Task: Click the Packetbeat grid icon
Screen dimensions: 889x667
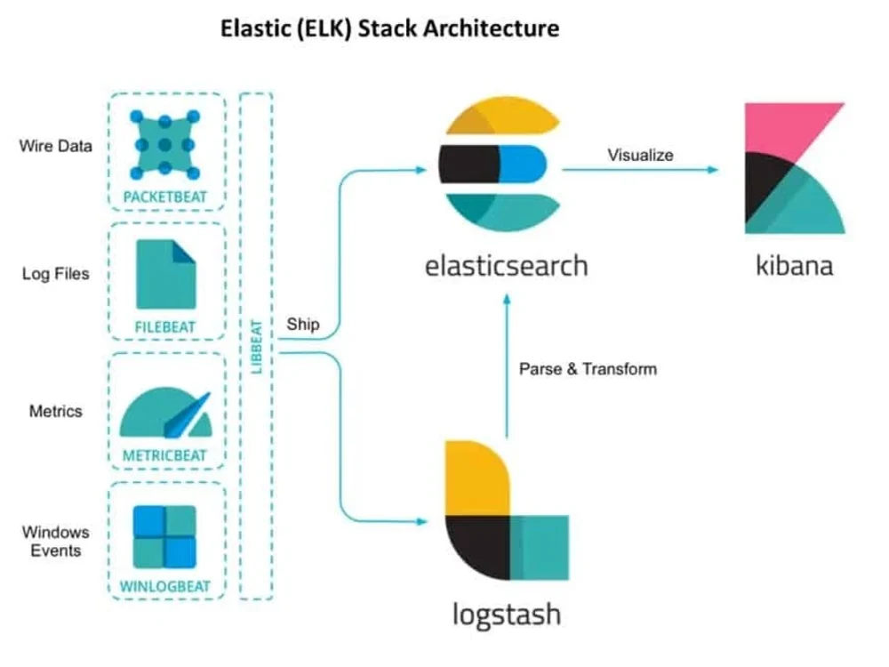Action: tap(165, 145)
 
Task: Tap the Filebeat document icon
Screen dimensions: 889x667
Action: tap(165, 275)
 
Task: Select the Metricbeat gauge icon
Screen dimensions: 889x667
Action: tap(165, 413)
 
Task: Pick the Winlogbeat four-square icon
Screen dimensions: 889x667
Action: tap(164, 536)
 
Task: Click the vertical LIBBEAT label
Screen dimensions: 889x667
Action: tap(257, 347)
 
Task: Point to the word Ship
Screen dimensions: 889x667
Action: tap(303, 325)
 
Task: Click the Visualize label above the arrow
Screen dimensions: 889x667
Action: tap(640, 155)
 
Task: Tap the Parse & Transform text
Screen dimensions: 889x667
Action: tap(588, 369)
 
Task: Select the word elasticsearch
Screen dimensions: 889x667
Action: tap(507, 266)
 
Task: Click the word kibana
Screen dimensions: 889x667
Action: tap(794, 265)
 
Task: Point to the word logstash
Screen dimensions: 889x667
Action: tap(507, 615)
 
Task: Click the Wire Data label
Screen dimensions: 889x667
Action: tap(55, 147)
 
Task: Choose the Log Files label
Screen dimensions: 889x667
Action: tap(55, 274)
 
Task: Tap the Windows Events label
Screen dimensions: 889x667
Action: tap(55, 542)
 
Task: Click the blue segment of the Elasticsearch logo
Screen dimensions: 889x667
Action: tap(523, 164)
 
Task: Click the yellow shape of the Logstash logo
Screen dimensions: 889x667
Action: tap(477, 478)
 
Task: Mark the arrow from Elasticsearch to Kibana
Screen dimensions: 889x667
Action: tap(640, 169)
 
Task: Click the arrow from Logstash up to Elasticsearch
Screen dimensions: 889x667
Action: tap(507, 366)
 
